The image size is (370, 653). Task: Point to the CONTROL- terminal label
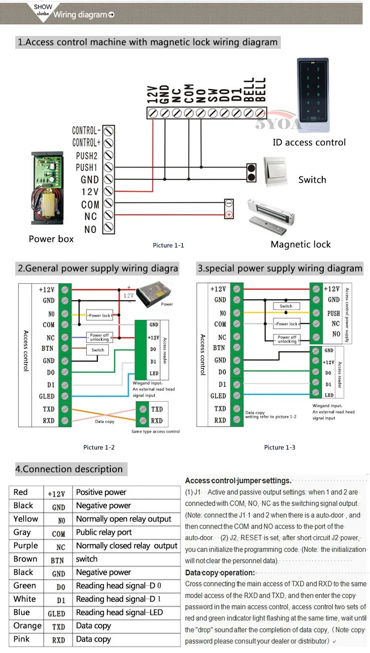click(86, 131)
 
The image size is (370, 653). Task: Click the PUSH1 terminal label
click(87, 168)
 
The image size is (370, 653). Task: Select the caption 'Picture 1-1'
click(168, 245)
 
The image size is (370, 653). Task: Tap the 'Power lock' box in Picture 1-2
click(100, 315)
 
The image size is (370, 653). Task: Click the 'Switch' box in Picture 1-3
click(286, 306)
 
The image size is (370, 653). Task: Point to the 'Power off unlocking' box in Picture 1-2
click(99, 337)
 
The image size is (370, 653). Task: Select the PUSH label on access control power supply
click(334, 313)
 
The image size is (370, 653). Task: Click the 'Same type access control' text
click(156, 432)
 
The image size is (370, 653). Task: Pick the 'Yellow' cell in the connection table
click(26, 519)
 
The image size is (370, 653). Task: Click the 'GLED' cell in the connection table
click(56, 613)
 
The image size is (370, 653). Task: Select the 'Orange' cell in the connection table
click(28, 626)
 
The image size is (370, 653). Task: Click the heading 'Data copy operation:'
click(220, 573)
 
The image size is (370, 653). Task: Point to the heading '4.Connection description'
click(69, 469)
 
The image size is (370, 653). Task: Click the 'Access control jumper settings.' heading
click(238, 481)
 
